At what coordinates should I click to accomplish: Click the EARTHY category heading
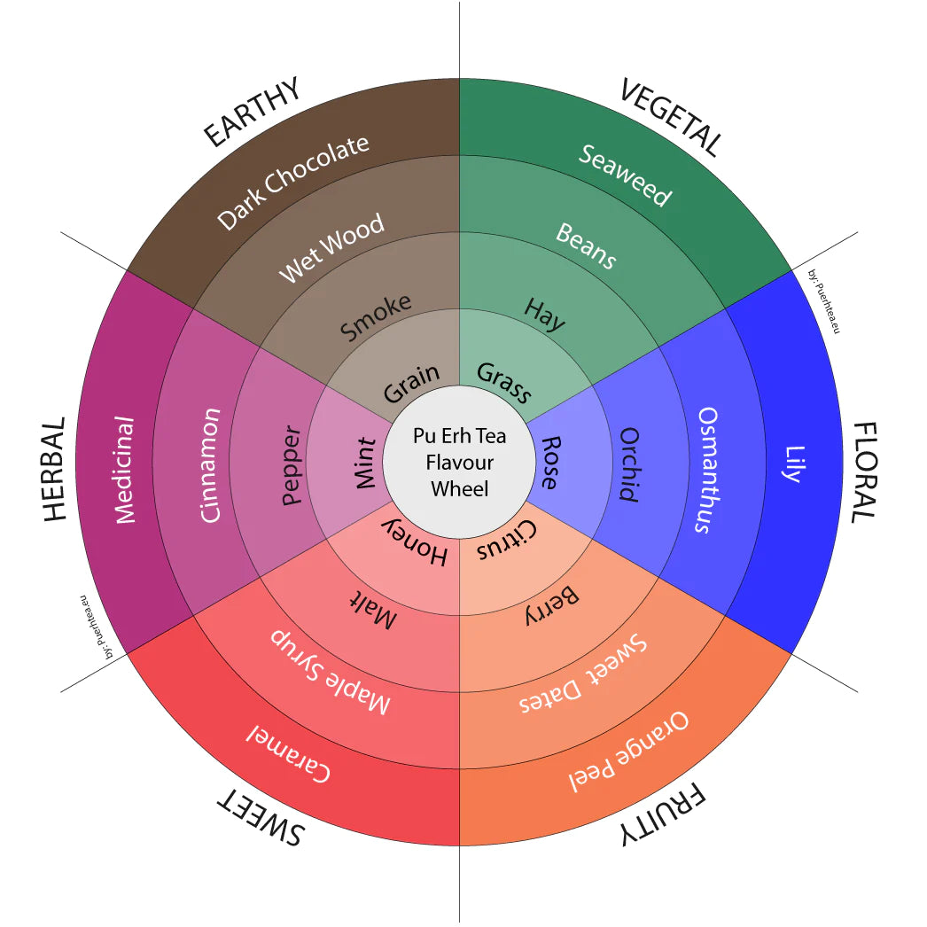pos(253,113)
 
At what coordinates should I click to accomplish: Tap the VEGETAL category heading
pos(671,116)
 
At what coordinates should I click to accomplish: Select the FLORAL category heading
pos(864,471)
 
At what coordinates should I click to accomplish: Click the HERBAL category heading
pos(54,470)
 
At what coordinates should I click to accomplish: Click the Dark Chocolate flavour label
pos(293,183)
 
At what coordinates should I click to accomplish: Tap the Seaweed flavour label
pos(626,174)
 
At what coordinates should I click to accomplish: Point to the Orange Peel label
pos(628,751)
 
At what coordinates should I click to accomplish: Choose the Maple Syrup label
pos(330,672)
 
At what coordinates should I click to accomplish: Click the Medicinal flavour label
pos(125,470)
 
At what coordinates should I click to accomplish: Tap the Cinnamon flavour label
pos(210,465)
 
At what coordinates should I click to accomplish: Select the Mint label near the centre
pos(365,462)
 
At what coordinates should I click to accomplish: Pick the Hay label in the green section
pos(544,315)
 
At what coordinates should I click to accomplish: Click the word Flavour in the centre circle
pos(459,462)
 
